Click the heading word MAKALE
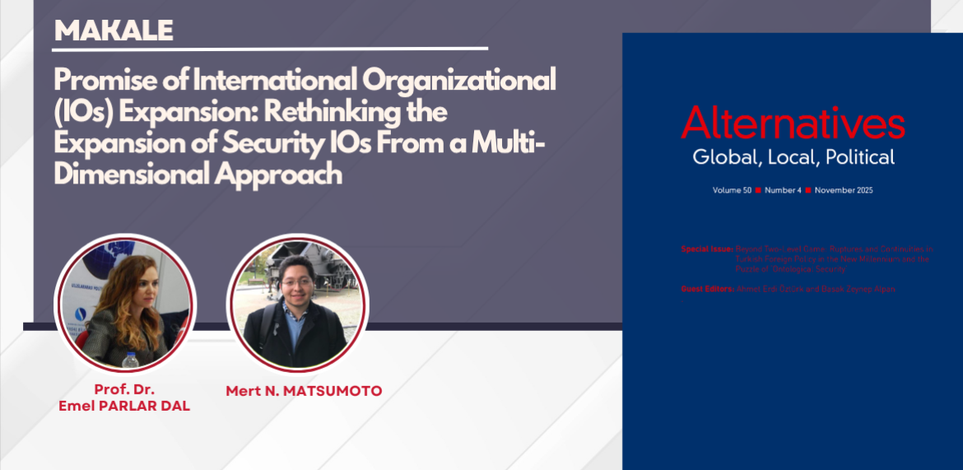click(x=114, y=30)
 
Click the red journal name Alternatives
click(x=793, y=124)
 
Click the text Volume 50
click(x=732, y=190)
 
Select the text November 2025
click(x=844, y=190)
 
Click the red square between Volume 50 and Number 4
click(x=758, y=190)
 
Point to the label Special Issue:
click(x=707, y=249)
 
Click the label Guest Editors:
click(x=707, y=289)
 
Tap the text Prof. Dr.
click(x=123, y=389)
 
